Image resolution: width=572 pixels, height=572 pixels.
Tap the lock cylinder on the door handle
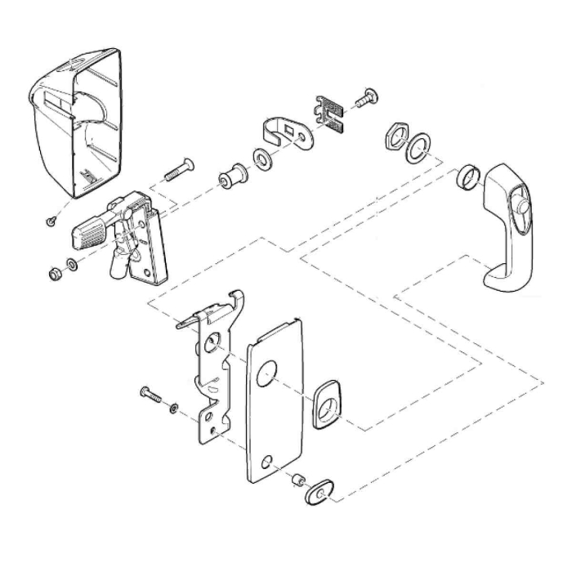(x=521, y=215)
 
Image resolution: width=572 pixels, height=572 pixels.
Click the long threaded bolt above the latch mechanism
(x=179, y=172)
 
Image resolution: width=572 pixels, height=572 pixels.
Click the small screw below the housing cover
(x=51, y=219)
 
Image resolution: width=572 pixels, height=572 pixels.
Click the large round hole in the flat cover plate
(x=266, y=377)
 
